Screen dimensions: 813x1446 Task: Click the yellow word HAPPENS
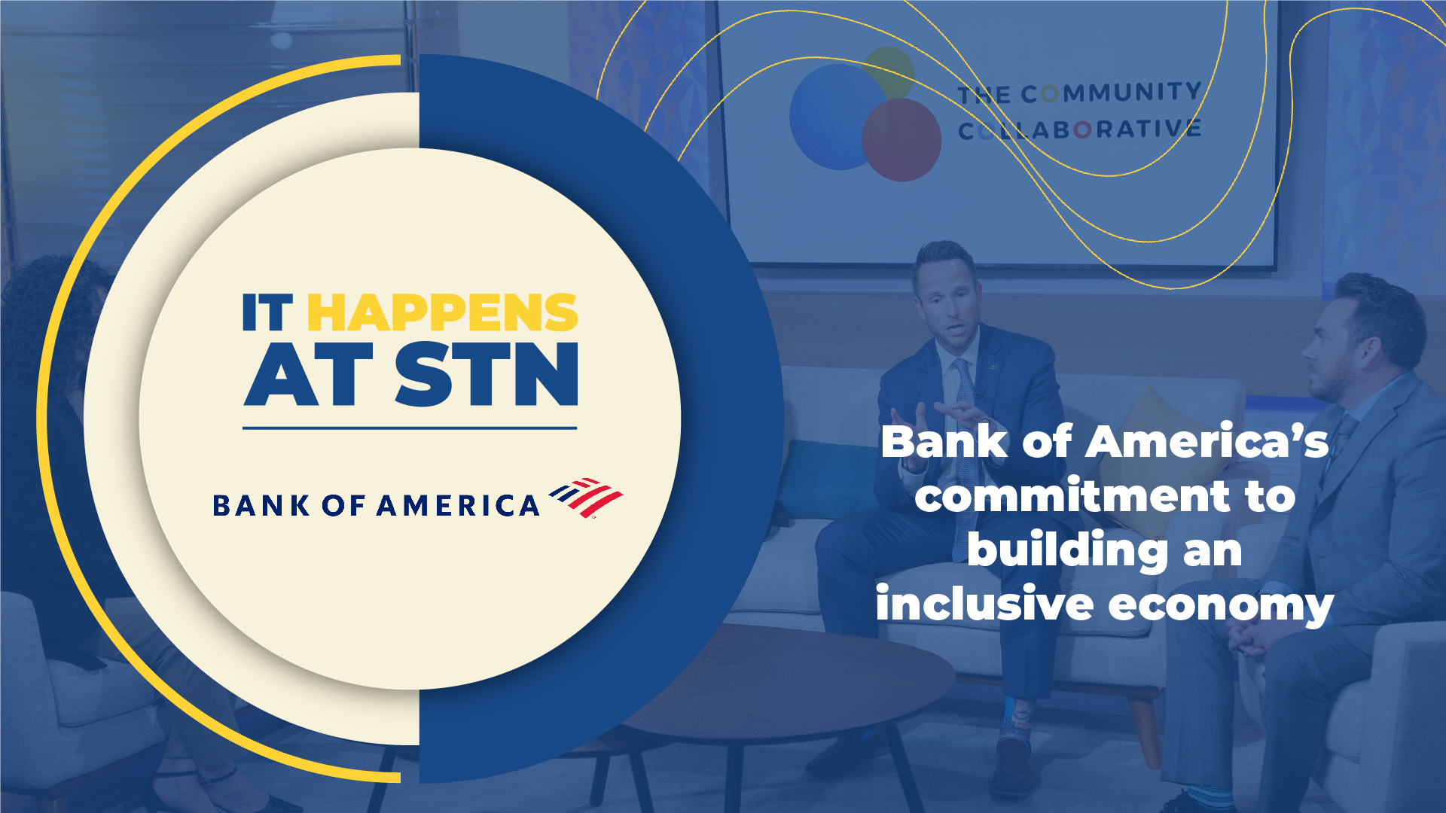[x=442, y=313]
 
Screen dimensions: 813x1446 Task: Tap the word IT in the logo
[x=267, y=313]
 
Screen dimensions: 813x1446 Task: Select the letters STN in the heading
[x=487, y=375]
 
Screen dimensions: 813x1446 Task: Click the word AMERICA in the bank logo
[x=458, y=506]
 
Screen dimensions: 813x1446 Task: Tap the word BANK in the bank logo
[x=261, y=506]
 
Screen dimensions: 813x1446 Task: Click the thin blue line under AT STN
[x=410, y=428]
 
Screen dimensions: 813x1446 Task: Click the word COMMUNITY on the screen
[x=1111, y=93]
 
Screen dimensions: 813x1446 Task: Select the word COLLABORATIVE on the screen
[x=1078, y=130]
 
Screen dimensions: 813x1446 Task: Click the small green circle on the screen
[x=891, y=69]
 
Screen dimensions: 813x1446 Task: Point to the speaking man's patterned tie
[x=965, y=399]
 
